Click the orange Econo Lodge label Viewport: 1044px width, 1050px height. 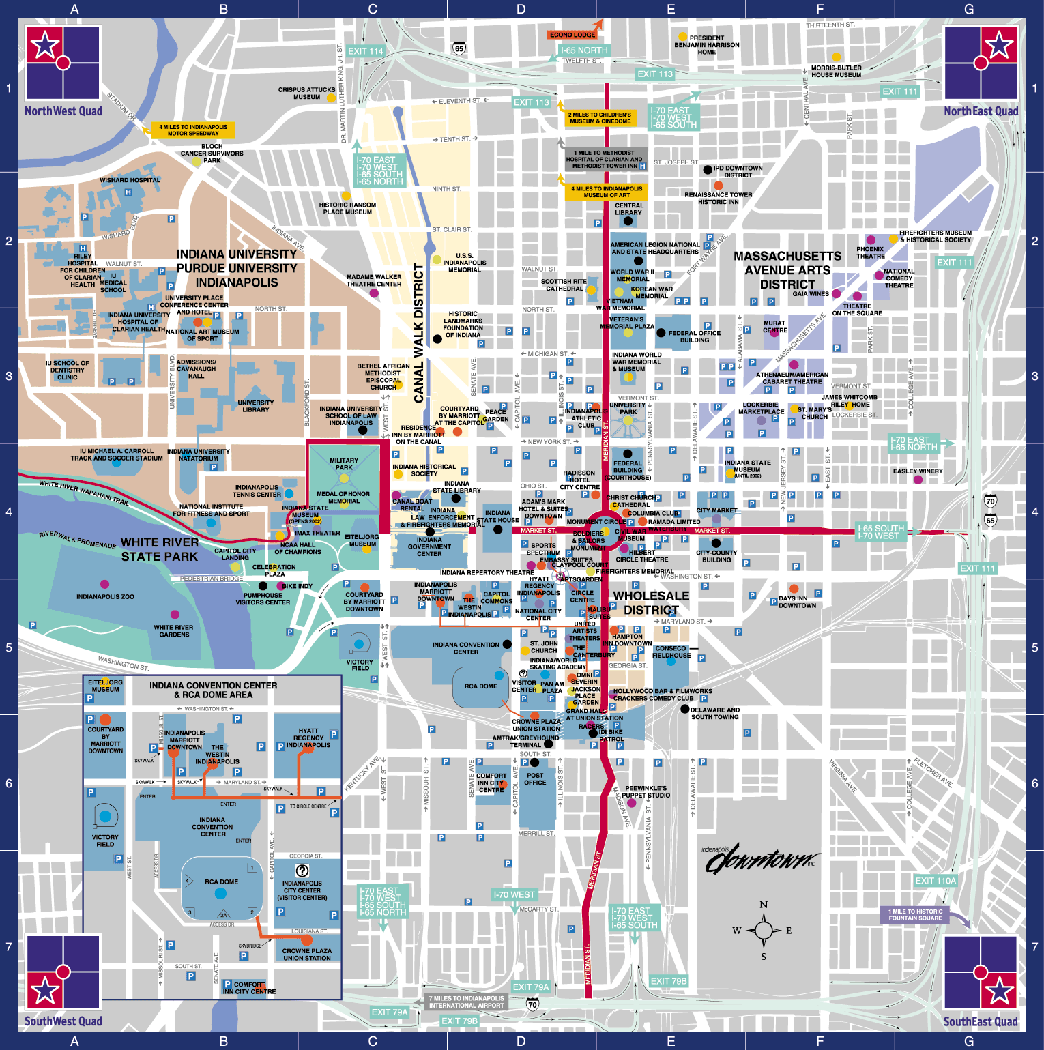572,35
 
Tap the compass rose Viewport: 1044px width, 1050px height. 764,930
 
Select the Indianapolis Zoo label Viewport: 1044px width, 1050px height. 105,596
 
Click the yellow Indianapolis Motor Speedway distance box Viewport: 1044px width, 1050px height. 193,130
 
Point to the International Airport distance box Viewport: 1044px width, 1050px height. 466,1002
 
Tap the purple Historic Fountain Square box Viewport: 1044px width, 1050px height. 915,915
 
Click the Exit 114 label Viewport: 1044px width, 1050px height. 366,51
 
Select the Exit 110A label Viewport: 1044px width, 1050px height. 936,881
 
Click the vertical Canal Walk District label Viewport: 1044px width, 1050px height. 418,333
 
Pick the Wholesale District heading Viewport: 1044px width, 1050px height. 651,603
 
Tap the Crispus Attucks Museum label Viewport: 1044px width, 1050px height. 306,93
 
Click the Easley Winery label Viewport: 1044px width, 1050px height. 918,471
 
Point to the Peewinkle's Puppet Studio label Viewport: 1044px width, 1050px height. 646,791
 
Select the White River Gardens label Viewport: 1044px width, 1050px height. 173,630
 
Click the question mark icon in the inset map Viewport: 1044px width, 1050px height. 302,871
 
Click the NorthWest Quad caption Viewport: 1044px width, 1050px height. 63,111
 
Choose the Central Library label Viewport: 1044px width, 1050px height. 628,209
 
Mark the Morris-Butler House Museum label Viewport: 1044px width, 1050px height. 836,71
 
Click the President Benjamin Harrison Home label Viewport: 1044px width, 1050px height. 706,45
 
